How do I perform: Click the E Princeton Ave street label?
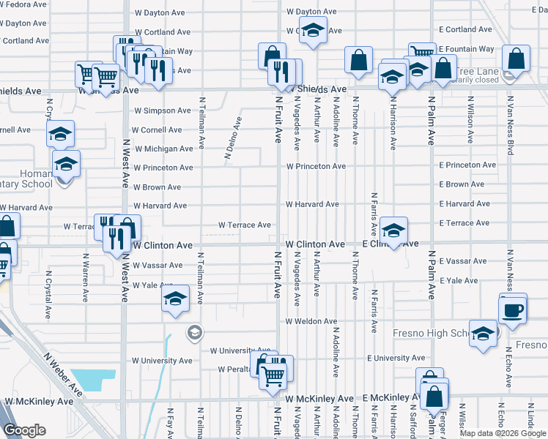pyautogui.click(x=467, y=165)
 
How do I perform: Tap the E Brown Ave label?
pyautogui.click(x=462, y=185)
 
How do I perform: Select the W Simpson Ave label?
pyautogui.click(x=162, y=110)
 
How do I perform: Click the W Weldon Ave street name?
pyautogui.click(x=311, y=321)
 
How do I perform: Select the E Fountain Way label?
pyautogui.click(x=467, y=49)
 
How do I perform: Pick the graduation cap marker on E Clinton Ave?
pyautogui.click(x=393, y=232)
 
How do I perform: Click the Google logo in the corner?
pyautogui.click(x=24, y=429)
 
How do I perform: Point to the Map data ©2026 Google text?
pyautogui.click(x=502, y=433)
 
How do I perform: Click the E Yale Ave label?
pyautogui.click(x=459, y=281)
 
